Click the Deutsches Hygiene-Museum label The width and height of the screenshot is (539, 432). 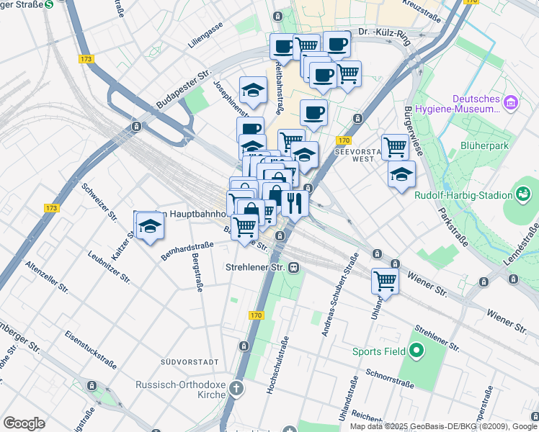tap(476, 104)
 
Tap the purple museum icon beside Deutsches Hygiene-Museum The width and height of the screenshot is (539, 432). tap(512, 104)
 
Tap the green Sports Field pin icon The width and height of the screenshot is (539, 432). tap(416, 351)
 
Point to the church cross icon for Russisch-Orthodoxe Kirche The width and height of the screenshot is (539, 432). tap(236, 390)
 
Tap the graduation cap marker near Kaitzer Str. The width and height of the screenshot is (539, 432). tap(150, 226)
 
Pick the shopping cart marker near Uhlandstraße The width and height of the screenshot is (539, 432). tap(386, 281)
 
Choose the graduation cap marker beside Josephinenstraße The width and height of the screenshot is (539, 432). tap(253, 91)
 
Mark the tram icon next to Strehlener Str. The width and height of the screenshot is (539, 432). tap(293, 267)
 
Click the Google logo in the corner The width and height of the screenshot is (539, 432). tap(24, 423)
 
